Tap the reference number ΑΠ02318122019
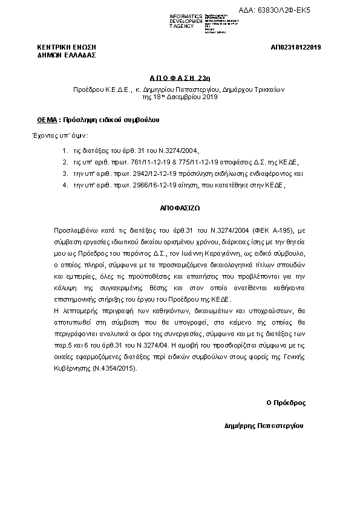tap(296, 47)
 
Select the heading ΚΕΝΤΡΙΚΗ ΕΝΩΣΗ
tap(67, 47)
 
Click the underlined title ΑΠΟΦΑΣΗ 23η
tap(180, 78)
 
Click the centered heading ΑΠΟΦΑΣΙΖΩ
tap(180, 206)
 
